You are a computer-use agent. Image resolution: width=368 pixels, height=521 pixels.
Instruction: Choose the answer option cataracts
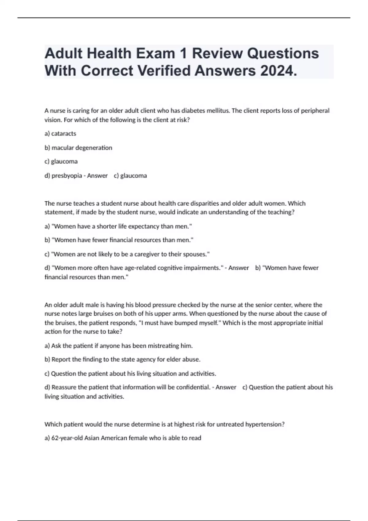click(x=64, y=134)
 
